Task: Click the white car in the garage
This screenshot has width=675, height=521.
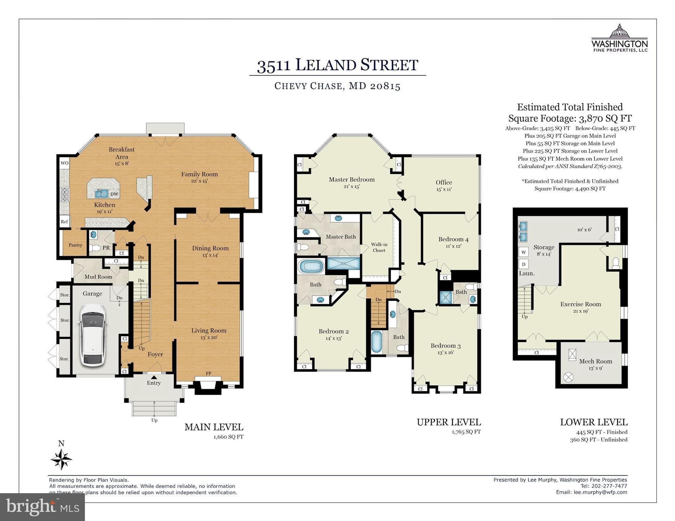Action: (93, 335)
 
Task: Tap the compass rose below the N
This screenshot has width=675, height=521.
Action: (61, 459)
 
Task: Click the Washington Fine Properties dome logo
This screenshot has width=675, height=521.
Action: (619, 31)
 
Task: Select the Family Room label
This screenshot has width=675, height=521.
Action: (199, 174)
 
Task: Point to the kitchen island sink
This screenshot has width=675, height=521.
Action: (101, 194)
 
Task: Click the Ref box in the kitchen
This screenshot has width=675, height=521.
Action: (65, 221)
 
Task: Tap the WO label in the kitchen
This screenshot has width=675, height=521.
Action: (65, 163)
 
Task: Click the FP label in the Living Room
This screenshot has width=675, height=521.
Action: (208, 373)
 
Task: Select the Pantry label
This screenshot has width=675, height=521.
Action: (75, 245)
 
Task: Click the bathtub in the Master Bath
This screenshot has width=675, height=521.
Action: (311, 266)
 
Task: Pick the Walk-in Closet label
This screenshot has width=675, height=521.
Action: (379, 247)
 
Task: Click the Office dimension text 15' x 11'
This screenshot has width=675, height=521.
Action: (444, 189)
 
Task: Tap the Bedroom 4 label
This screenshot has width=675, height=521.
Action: (453, 239)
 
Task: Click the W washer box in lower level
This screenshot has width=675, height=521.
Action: (524, 252)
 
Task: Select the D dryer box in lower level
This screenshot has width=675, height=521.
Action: (524, 264)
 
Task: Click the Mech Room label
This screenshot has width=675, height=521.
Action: (596, 361)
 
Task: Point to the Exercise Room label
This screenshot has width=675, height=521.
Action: (581, 304)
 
